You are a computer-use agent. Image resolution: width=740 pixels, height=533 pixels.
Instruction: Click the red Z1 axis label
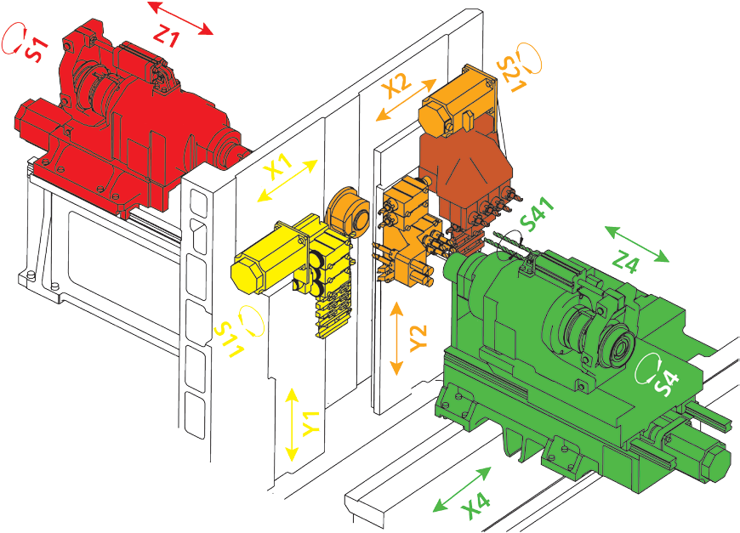167,35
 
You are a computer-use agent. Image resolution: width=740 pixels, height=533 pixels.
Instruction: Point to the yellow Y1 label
310,423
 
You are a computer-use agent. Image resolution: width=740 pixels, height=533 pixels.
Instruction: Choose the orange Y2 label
418,338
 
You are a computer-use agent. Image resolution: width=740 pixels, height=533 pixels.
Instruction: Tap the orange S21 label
510,75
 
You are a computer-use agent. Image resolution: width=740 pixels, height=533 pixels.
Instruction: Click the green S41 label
536,214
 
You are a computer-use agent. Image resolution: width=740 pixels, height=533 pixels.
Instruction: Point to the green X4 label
475,506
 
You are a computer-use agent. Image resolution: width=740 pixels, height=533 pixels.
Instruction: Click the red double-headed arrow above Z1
181,19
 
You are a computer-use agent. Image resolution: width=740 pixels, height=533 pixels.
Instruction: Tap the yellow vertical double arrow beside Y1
292,424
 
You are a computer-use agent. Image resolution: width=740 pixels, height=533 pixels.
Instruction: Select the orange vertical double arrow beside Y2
397,338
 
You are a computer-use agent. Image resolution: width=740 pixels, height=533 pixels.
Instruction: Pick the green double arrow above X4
463,490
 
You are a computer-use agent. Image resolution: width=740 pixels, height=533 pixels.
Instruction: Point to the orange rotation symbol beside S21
530,58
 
